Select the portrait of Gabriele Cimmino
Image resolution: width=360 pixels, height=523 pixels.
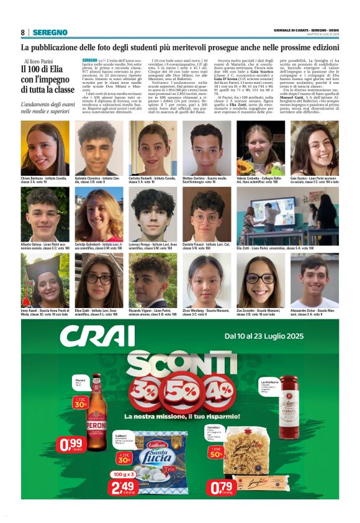tap(99, 148)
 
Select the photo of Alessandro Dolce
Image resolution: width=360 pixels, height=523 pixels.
tap(314, 280)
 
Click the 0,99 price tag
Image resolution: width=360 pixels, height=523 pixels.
tap(70, 445)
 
